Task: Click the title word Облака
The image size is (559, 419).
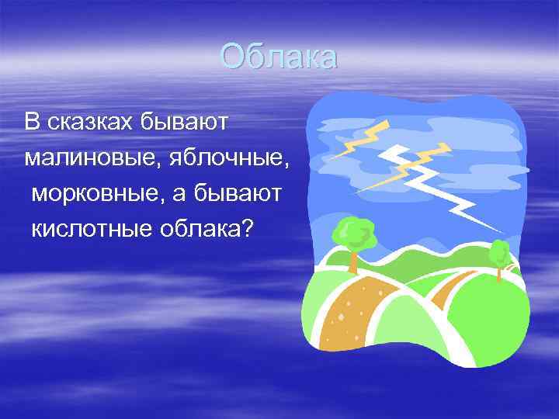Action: point(278,57)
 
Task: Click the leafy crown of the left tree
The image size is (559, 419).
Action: point(354,232)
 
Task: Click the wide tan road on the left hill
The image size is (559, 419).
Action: point(365,310)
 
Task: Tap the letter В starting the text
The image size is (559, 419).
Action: point(31,121)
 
